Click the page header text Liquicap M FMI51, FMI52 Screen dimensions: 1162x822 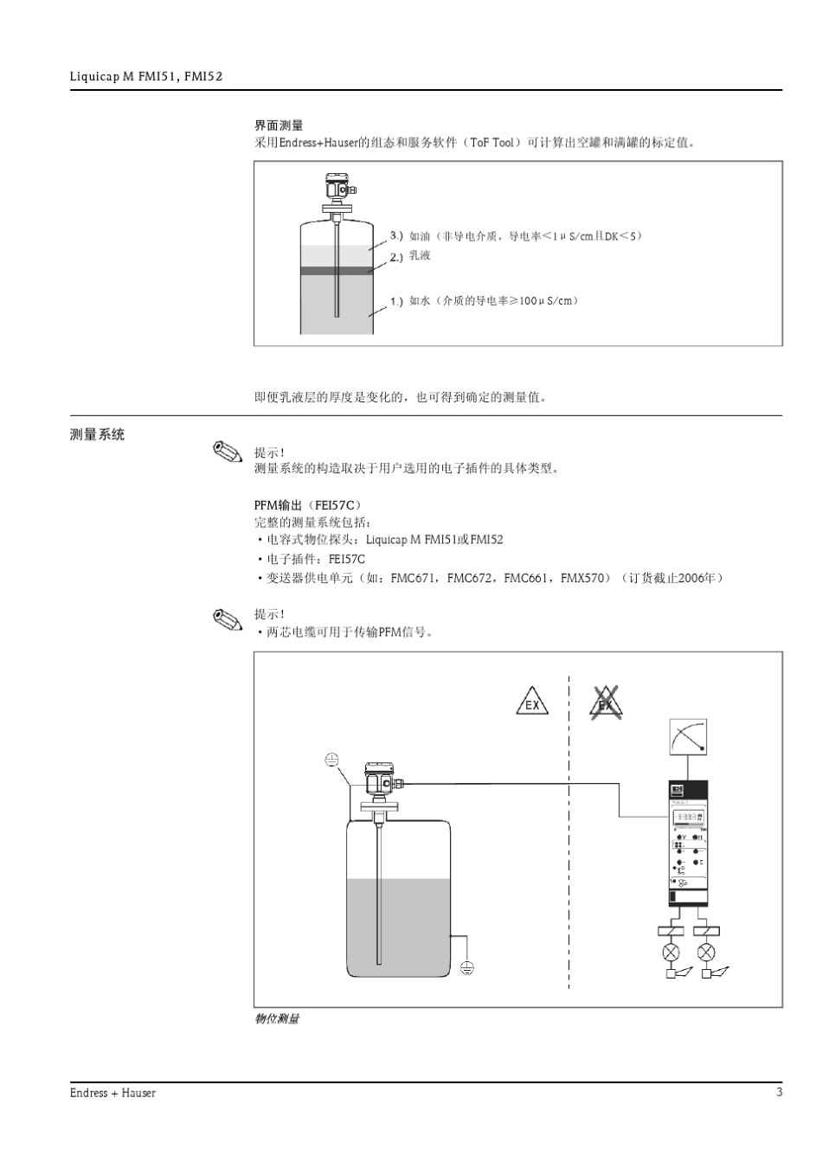click(x=146, y=77)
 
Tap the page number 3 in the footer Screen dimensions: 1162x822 click(x=779, y=1093)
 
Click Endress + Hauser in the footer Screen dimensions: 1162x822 click(x=112, y=1094)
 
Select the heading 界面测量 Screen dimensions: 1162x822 click(x=279, y=126)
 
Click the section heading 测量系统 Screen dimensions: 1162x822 click(x=97, y=434)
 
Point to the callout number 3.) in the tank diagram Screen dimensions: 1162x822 click(x=396, y=235)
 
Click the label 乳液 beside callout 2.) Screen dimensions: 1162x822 click(x=420, y=256)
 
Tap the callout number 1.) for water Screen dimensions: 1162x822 click(x=396, y=301)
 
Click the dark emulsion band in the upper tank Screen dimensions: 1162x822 click(x=336, y=271)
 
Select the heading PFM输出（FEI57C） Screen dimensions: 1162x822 click(x=308, y=504)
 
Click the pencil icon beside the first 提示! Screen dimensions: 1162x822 click(x=227, y=453)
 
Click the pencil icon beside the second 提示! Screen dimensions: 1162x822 click(x=227, y=620)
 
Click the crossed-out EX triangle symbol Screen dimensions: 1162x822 click(x=606, y=703)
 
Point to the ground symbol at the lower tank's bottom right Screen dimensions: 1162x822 click(x=467, y=967)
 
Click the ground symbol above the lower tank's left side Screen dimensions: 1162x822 click(x=331, y=761)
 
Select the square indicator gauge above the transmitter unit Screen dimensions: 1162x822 click(x=689, y=737)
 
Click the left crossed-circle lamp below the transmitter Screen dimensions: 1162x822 click(x=671, y=953)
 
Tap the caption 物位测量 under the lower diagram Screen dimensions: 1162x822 click(x=277, y=1019)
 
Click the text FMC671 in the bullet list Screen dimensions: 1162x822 click(x=413, y=578)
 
